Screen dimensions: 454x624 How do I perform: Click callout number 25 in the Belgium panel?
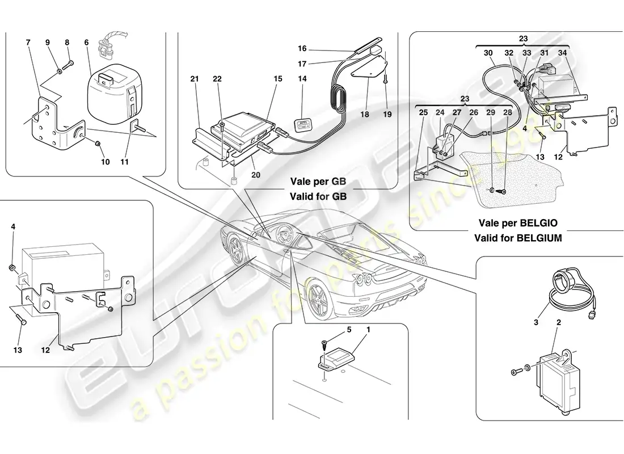click(x=423, y=112)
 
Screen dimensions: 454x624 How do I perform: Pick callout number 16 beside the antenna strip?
click(x=302, y=49)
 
